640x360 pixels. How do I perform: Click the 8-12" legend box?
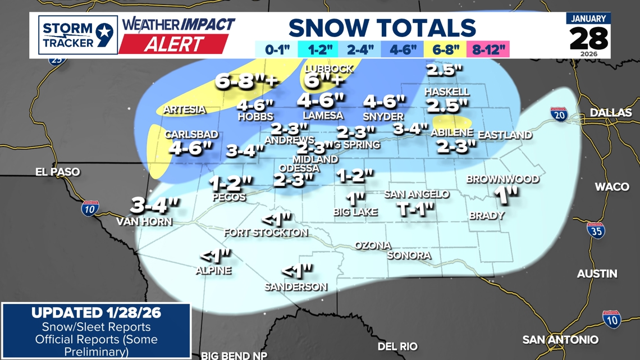coord(488,49)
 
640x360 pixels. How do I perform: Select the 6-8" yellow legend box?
coord(446,49)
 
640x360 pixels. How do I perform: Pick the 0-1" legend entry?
coord(276,49)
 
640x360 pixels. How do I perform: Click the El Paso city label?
coord(57,172)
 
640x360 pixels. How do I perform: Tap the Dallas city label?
coord(611,113)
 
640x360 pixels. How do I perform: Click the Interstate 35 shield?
coord(596,230)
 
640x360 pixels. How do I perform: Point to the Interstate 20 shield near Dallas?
coord(559,115)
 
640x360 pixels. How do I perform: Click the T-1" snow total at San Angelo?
coord(416,209)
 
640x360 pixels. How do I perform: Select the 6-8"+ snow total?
coord(246,82)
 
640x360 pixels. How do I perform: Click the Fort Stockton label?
coord(266,233)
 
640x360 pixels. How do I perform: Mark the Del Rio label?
coord(397,347)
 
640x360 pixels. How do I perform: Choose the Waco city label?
coord(611,186)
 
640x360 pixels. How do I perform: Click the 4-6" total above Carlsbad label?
coord(191,148)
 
